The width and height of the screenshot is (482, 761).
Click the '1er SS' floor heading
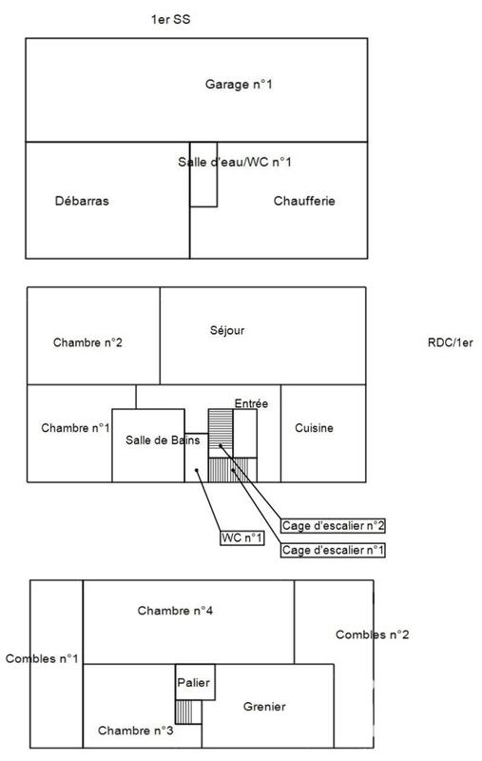pyautogui.click(x=172, y=20)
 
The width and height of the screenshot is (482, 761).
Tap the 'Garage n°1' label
pyautogui.click(x=239, y=85)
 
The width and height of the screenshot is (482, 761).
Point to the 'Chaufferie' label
pyautogui.click(x=304, y=201)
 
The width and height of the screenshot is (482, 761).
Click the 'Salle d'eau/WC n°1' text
pyautogui.click(x=234, y=163)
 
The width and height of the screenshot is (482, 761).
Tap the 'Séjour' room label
pyautogui.click(x=227, y=331)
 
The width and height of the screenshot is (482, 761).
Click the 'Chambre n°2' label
pyautogui.click(x=87, y=342)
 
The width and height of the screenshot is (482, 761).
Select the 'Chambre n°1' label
pyautogui.click(x=76, y=428)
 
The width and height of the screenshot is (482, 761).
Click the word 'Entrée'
pyautogui.click(x=251, y=404)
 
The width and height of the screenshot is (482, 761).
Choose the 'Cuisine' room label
pyautogui.click(x=314, y=428)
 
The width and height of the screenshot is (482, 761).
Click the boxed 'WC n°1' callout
pyautogui.click(x=241, y=538)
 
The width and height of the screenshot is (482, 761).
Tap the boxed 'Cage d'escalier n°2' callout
pyautogui.click(x=333, y=524)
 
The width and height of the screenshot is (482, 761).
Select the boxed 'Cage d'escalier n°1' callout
pyautogui.click(x=333, y=550)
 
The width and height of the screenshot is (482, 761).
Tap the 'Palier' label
pyautogui.click(x=193, y=682)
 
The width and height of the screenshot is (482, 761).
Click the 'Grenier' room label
pyautogui.click(x=264, y=707)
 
